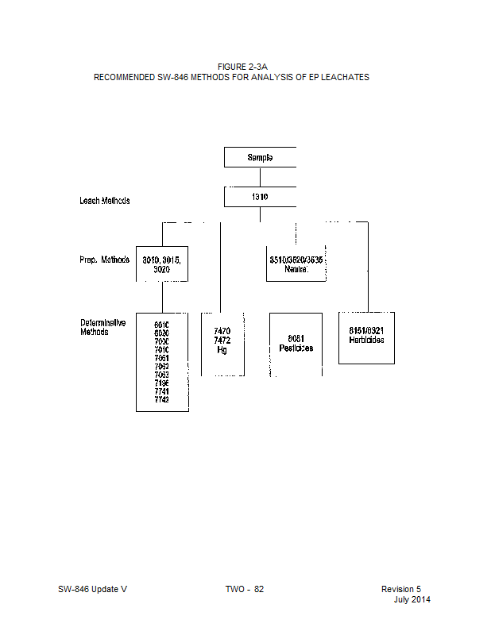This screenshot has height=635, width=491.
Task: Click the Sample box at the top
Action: point(260,157)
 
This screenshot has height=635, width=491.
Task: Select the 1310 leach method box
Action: point(260,196)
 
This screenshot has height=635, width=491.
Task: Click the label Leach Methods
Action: point(104,201)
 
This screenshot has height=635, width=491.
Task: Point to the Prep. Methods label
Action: point(104,260)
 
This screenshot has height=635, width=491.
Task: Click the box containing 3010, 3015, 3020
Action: point(162,264)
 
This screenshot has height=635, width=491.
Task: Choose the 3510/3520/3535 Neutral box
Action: point(295,264)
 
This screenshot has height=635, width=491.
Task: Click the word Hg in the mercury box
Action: point(222,349)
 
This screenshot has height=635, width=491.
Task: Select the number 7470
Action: point(222,330)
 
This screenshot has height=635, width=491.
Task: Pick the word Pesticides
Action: point(296,348)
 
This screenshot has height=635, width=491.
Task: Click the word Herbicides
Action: point(366,340)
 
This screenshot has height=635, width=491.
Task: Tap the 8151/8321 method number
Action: point(366,330)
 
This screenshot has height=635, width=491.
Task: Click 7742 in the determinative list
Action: point(161,399)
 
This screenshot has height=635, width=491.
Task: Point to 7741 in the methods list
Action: point(161,391)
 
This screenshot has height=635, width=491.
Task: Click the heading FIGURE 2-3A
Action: point(230,67)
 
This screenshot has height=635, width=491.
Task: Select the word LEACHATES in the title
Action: point(345,77)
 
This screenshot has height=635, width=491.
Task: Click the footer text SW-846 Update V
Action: point(92,589)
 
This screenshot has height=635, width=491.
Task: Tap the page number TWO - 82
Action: point(244,589)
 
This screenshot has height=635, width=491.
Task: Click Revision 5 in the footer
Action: point(401,589)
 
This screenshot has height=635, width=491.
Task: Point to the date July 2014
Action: point(412,599)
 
